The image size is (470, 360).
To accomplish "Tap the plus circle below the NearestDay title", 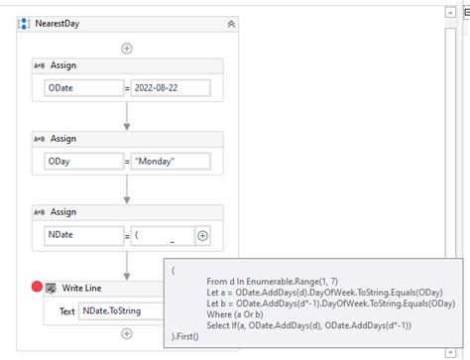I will tap(127, 48).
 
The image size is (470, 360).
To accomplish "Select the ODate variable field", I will tap(82, 88).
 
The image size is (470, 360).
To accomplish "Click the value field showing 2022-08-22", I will tap(170, 88).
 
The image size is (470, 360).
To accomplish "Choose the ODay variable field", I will tap(82, 162).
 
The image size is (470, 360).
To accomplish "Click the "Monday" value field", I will tap(170, 162).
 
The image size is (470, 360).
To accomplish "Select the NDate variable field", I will tap(82, 236).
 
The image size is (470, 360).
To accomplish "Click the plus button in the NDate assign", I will tap(203, 236).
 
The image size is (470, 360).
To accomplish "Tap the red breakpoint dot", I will tap(37, 287).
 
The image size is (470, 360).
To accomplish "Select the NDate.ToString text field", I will tap(119, 311).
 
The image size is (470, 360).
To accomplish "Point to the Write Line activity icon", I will tap(52, 288).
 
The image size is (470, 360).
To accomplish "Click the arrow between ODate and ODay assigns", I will tap(127, 117).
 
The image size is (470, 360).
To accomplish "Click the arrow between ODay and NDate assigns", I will tap(127, 190).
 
